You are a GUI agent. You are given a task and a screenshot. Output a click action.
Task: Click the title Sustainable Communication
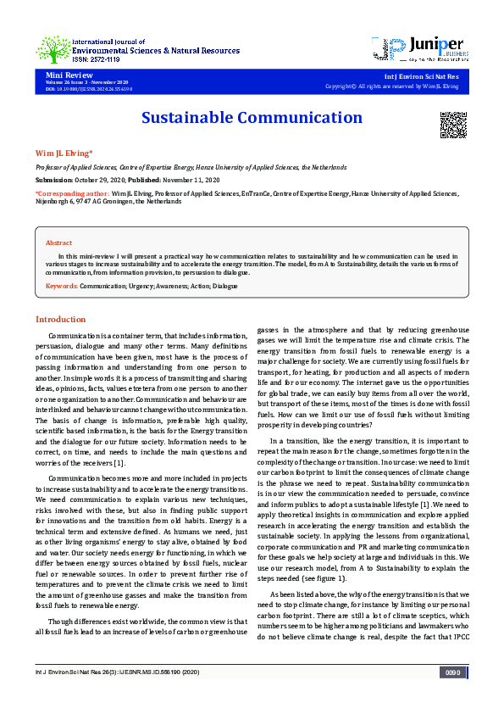[252, 118]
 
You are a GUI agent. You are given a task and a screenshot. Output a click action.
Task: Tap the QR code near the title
[453, 124]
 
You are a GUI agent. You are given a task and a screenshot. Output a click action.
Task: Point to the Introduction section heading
[60, 319]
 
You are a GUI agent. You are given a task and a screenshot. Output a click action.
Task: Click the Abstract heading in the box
[58, 243]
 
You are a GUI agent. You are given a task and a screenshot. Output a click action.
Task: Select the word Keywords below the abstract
[62, 286]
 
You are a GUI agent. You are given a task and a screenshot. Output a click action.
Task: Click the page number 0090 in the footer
[452, 697]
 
